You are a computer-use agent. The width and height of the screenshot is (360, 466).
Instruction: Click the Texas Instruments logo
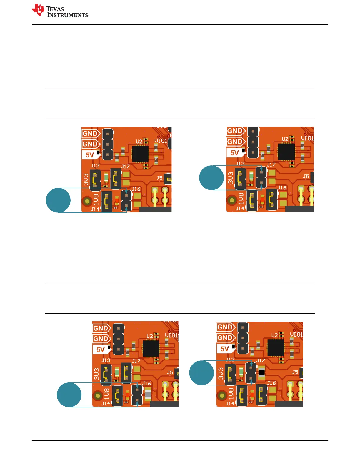pyautogui.click(x=60, y=11)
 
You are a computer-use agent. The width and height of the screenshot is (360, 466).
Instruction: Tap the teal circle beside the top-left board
pyautogui.click(x=58, y=200)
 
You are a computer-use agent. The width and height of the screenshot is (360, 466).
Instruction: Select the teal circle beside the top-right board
pyautogui.click(x=211, y=178)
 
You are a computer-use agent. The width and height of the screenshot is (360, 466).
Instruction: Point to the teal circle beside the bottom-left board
pyautogui.click(x=69, y=395)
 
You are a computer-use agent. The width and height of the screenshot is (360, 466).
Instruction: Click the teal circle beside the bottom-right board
pyautogui.click(x=201, y=373)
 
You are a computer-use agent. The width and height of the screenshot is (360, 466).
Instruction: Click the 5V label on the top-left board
pyautogui.click(x=90, y=155)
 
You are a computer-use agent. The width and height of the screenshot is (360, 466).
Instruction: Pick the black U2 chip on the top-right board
pyautogui.click(x=286, y=152)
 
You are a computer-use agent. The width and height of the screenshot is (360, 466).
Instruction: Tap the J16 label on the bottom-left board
pyautogui.click(x=146, y=383)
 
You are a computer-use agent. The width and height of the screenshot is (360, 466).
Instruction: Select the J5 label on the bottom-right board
pyautogui.click(x=295, y=372)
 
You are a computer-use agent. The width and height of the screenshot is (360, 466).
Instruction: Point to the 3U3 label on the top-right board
pyautogui.click(x=231, y=178)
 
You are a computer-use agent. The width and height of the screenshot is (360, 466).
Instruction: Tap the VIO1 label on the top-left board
pyautogui.click(x=161, y=141)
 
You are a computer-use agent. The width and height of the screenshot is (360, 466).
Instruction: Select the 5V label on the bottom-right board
pyautogui.click(x=225, y=349)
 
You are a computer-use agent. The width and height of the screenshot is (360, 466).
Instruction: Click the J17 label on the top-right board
pyautogui.click(x=271, y=165)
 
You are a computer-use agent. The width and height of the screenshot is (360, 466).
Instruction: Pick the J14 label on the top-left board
pyautogui.click(x=95, y=209)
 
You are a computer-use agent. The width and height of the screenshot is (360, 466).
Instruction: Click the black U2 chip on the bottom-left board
pyautogui.click(x=151, y=349)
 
